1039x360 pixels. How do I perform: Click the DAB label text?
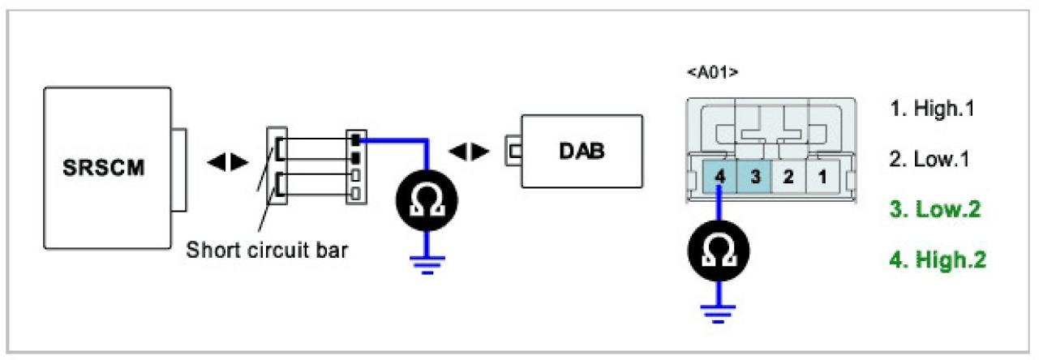(582, 152)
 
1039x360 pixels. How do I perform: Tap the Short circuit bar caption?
(267, 250)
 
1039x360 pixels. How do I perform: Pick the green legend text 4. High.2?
(938, 260)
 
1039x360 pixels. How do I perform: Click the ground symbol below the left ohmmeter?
(426, 263)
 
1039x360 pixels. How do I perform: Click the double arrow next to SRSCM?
(228, 162)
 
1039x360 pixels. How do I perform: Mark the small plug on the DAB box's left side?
(513, 150)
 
